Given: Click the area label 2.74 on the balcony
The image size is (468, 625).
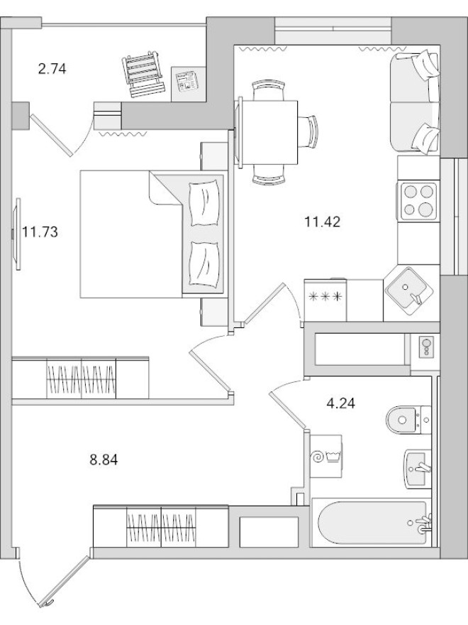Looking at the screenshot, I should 52,69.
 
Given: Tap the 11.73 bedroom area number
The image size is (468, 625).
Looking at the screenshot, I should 40,231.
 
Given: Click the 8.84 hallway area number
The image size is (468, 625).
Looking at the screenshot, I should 103,460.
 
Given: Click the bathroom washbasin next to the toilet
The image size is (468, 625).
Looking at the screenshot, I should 418,468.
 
